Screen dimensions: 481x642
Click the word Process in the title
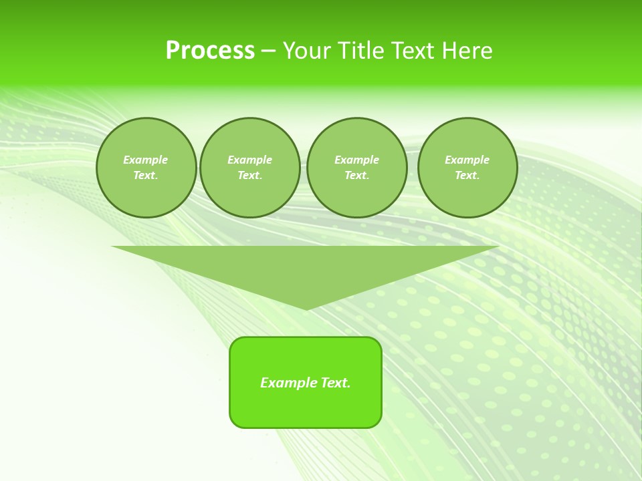(210, 51)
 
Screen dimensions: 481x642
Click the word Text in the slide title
(413, 51)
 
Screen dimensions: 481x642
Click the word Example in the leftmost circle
(146, 160)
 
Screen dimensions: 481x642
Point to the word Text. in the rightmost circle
(467, 175)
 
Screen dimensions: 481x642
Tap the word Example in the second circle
(249, 160)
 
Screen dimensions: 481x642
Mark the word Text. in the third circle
(356, 175)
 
